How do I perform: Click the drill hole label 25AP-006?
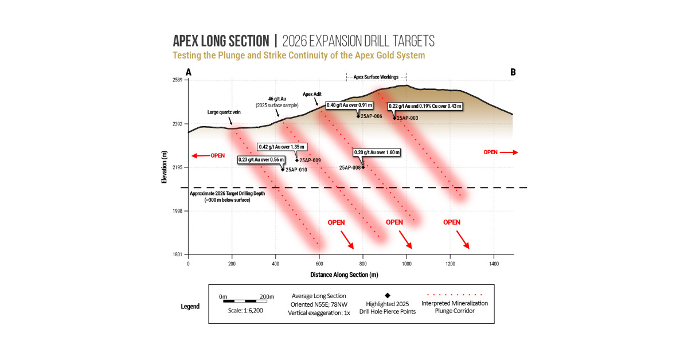pos(372,116)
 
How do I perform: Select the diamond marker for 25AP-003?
pos(394,118)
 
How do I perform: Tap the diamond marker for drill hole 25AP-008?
pos(363,167)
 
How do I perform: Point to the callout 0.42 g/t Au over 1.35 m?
pos(282,147)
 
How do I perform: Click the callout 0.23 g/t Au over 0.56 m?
pos(261,160)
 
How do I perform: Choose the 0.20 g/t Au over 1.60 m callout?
pos(377,152)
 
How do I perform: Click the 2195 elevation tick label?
pos(177,167)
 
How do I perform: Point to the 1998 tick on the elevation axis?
pos(177,211)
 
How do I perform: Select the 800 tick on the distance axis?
pos(363,264)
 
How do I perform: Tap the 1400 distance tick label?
pos(494,264)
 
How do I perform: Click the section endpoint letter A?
pos(189,72)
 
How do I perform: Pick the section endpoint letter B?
pos(513,72)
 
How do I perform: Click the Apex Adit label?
pos(312,95)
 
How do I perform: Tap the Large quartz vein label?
pos(224,112)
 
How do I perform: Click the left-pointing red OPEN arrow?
pos(201,156)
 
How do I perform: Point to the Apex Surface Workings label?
pos(376,77)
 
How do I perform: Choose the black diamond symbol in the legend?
pos(388,295)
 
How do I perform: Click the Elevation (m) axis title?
pos(165,167)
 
